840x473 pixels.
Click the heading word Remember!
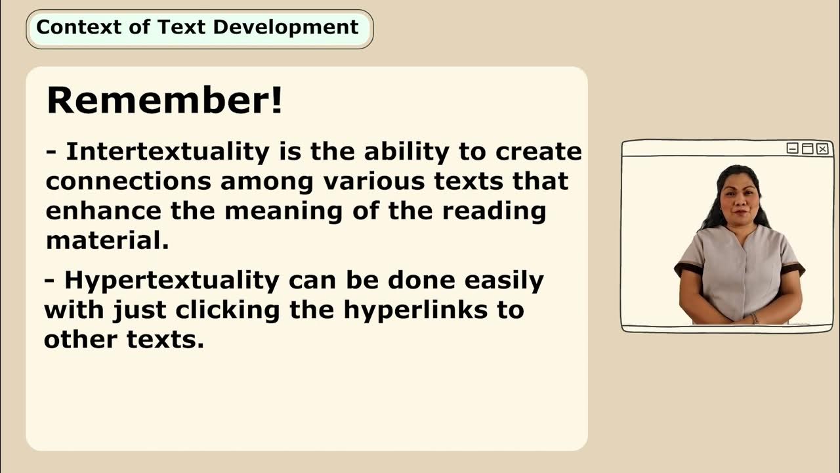pos(165,101)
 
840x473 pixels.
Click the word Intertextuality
pos(168,152)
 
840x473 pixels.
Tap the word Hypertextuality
pos(172,281)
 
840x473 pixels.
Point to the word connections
pos(129,181)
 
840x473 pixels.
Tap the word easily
pos(505,281)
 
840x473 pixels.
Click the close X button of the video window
pos(822,149)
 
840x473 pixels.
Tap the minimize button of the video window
pos(793,149)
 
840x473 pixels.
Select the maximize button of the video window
pos(808,149)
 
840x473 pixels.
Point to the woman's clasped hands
pos(740,317)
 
